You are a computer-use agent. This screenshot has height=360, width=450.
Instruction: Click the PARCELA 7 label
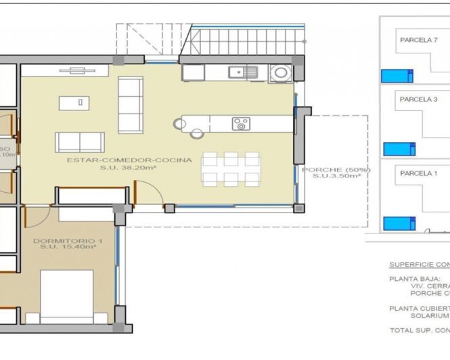pos(419,40)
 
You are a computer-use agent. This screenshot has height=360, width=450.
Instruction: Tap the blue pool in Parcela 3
pos(399,149)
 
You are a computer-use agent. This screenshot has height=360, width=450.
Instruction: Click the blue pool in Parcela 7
pos(397,75)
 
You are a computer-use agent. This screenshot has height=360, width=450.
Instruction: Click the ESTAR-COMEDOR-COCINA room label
pos(129,160)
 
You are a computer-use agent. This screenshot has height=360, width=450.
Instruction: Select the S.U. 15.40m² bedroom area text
pos(64,248)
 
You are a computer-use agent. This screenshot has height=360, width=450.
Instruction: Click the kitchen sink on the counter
pos(242,71)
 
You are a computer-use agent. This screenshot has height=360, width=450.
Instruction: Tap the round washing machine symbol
pos(279,72)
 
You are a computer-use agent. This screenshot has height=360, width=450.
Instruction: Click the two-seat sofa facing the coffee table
pos(80,142)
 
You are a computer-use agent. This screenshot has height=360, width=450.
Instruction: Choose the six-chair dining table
pos(231,168)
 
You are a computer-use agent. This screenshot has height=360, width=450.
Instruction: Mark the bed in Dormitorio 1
pos(66,296)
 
